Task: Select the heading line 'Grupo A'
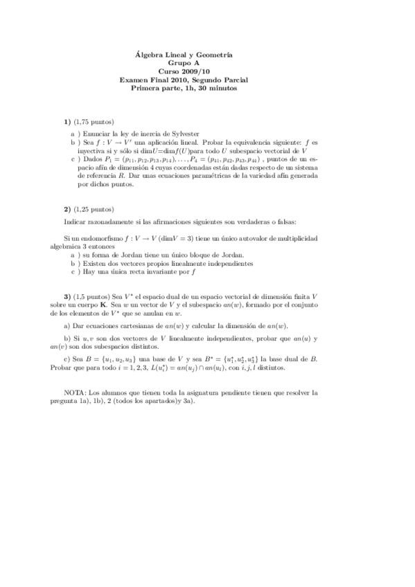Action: click(x=184, y=63)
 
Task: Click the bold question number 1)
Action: click(x=68, y=122)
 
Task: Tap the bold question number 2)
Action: click(x=68, y=208)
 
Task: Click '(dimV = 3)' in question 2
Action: click(x=197, y=237)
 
